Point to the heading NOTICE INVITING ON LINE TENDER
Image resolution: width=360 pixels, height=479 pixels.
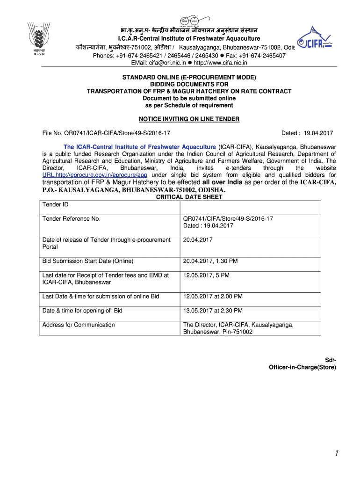tap(186, 119)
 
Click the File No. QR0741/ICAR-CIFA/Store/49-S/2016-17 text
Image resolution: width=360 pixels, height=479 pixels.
tap(106, 133)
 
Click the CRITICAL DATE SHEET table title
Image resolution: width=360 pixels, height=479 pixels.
tap(186, 197)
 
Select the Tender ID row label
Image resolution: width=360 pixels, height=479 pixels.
tap(55, 204)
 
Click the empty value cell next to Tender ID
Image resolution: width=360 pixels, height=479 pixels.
tap(250, 207)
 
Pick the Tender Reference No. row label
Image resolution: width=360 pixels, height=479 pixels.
tap(71, 218)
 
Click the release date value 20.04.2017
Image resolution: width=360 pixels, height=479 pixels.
tap(198, 239)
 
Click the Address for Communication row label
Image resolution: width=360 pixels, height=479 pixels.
tap(78, 325)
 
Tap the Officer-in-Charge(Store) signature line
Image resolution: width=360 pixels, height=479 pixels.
tap(302, 367)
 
